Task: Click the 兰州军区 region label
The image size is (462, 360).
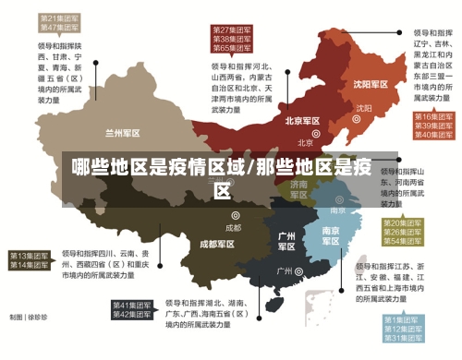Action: [x=123, y=132]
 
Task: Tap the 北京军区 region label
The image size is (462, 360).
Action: [x=302, y=121]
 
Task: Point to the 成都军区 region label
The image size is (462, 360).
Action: [x=217, y=245]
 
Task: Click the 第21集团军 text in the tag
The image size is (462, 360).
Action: [x=58, y=18]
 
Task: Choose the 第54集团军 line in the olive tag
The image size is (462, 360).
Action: [x=403, y=241]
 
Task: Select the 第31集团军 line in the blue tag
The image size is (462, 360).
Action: [x=403, y=339]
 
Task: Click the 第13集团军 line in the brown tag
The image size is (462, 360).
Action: [x=29, y=255]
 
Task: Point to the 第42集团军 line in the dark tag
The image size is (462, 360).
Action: [x=131, y=315]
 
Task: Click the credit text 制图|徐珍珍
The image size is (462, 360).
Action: [x=29, y=317]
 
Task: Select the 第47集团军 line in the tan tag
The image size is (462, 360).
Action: [x=58, y=28]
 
